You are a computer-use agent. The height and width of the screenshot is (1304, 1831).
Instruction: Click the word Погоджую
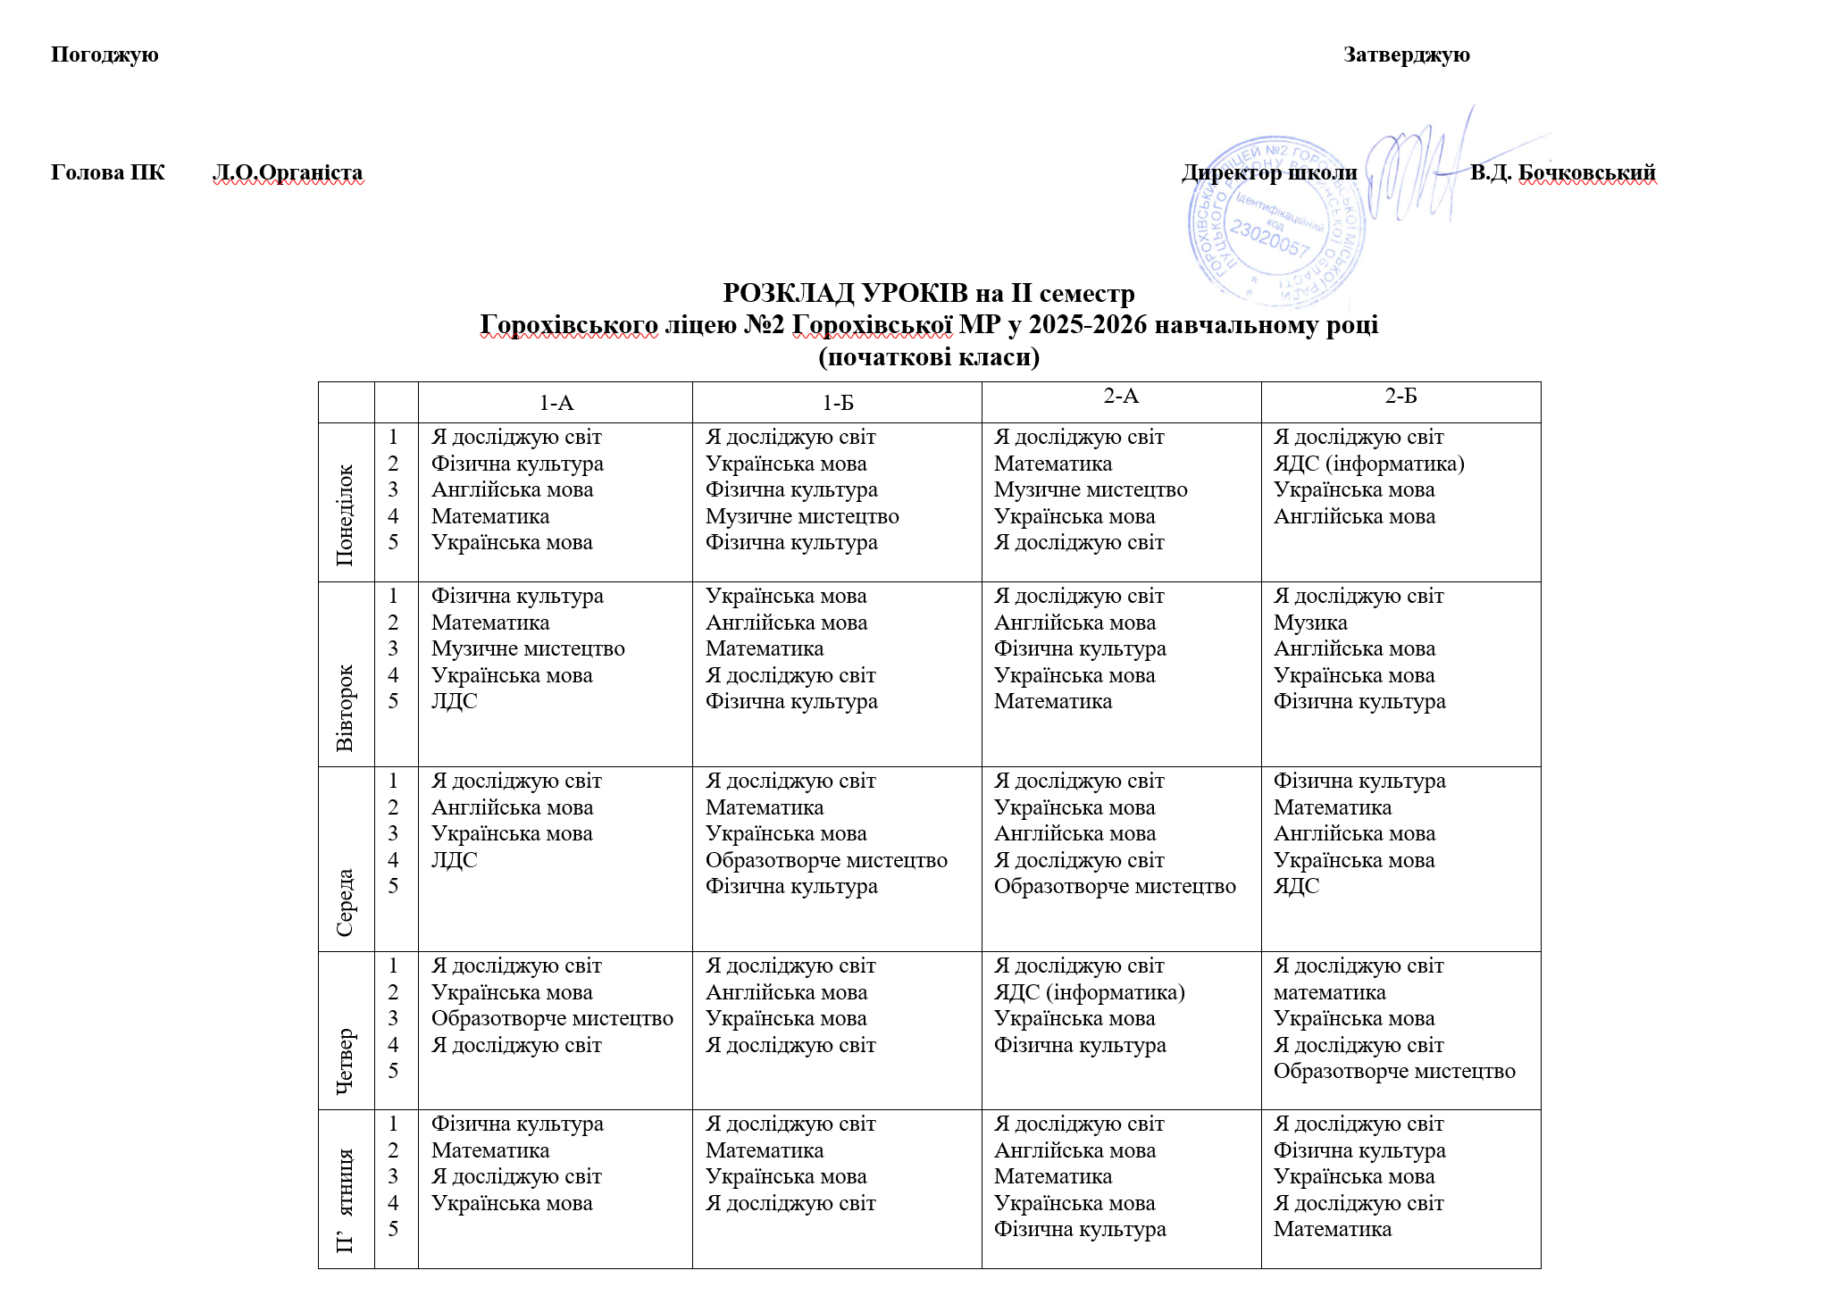click(x=105, y=54)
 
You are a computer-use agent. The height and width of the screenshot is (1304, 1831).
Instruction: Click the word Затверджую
click(x=1406, y=54)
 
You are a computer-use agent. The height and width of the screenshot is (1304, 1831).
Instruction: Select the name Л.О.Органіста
click(x=288, y=172)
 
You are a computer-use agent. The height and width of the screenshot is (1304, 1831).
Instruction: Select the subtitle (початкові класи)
click(x=929, y=357)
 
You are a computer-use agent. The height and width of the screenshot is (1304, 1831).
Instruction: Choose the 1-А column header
click(x=556, y=403)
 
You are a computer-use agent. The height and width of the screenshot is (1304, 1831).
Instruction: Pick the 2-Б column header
click(x=1400, y=396)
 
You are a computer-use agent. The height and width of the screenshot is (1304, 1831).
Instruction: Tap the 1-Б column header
click(x=837, y=403)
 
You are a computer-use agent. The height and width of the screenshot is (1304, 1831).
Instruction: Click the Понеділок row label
click(x=346, y=514)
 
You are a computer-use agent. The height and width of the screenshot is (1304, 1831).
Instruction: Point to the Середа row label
click(x=346, y=902)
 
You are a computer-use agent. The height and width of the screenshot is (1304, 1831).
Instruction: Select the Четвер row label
click(x=346, y=1059)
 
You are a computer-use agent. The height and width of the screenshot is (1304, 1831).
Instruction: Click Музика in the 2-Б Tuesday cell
click(x=1310, y=623)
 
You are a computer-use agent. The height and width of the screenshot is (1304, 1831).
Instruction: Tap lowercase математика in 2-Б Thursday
click(x=1329, y=992)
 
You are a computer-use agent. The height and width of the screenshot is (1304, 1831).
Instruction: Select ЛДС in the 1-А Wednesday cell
click(x=455, y=860)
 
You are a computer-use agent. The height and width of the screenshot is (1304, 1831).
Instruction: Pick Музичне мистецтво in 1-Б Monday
click(x=802, y=516)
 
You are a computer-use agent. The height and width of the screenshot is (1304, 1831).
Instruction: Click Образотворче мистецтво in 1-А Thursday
click(x=552, y=1018)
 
